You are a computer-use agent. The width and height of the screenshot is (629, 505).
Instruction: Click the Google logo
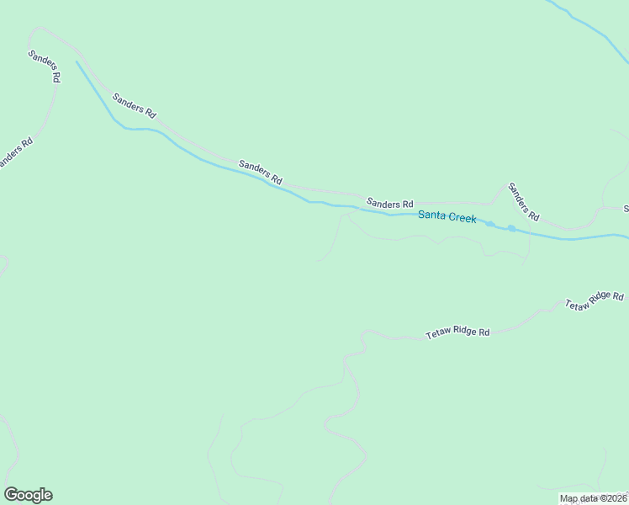point(28,495)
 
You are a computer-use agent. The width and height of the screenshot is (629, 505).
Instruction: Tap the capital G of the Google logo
point(11,495)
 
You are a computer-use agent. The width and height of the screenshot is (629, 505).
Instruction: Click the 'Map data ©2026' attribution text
point(593,498)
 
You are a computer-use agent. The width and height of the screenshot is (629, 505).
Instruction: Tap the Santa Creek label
point(447,217)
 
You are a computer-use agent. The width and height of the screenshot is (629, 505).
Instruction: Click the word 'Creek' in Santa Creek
point(462,218)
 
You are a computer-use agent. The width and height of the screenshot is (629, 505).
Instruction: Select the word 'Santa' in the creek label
point(431,216)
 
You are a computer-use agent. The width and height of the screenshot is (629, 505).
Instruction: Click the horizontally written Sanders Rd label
point(390,204)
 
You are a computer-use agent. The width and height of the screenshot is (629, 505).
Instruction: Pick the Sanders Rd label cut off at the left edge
point(15,151)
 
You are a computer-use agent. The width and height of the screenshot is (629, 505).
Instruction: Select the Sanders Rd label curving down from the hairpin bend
point(45,66)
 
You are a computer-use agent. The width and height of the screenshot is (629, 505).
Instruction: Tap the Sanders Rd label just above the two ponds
point(523,201)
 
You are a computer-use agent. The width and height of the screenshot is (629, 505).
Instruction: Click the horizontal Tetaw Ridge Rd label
point(457,333)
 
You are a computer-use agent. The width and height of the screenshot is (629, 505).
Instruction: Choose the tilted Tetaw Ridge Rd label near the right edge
point(595,300)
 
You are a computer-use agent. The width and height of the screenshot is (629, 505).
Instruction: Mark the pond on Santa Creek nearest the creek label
point(490,224)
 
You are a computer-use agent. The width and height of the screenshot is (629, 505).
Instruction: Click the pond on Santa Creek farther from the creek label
point(511,228)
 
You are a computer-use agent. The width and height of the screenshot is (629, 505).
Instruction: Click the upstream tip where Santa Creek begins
point(77,61)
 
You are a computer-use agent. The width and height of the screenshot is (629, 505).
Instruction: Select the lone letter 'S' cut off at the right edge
point(626,208)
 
